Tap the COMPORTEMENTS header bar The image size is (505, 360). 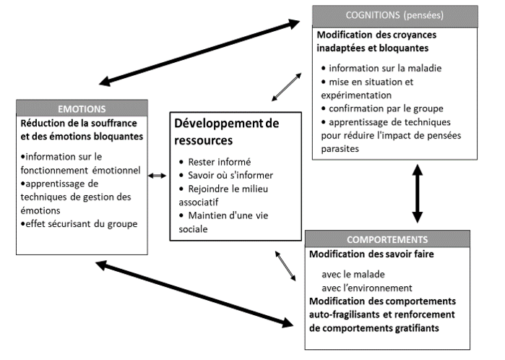point(397,239)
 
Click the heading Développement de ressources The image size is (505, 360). point(226,131)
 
